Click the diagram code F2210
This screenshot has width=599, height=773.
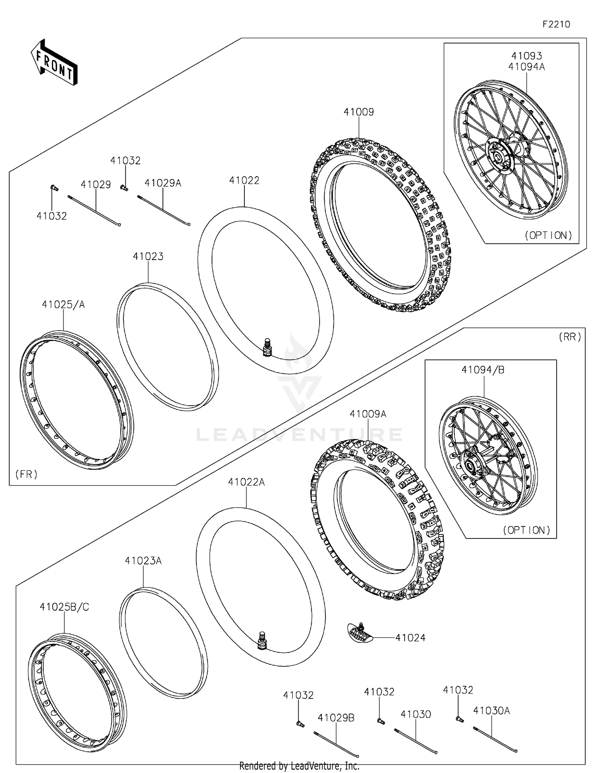click(556, 24)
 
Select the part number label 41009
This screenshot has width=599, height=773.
click(359, 112)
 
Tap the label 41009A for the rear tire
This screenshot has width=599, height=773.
click(368, 414)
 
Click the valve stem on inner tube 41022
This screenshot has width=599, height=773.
click(266, 347)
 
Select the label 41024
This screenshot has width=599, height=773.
click(410, 638)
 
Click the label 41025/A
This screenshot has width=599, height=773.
click(63, 305)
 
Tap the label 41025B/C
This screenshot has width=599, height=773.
click(64, 607)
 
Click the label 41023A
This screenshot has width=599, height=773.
click(143, 561)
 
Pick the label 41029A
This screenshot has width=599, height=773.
click(163, 183)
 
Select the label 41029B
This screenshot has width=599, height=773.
click(336, 718)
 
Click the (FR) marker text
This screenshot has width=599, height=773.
click(26, 474)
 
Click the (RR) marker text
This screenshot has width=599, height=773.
click(570, 337)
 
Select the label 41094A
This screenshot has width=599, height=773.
click(526, 67)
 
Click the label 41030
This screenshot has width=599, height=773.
click(416, 714)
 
